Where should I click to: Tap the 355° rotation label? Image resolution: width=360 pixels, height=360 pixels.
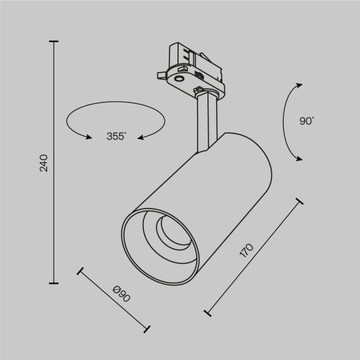click(x=115, y=137)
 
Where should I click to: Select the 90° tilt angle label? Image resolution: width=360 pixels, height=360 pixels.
click(x=307, y=121)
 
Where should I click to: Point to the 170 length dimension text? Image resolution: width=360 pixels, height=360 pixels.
click(x=246, y=251)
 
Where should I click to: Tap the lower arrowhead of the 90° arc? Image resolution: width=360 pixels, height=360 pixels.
click(x=300, y=159)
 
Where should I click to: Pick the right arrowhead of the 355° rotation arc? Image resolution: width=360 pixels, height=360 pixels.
click(x=140, y=137)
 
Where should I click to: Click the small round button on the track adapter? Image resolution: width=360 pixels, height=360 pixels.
click(x=179, y=79)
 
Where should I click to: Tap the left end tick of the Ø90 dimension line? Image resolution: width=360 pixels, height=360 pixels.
click(x=79, y=271)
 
